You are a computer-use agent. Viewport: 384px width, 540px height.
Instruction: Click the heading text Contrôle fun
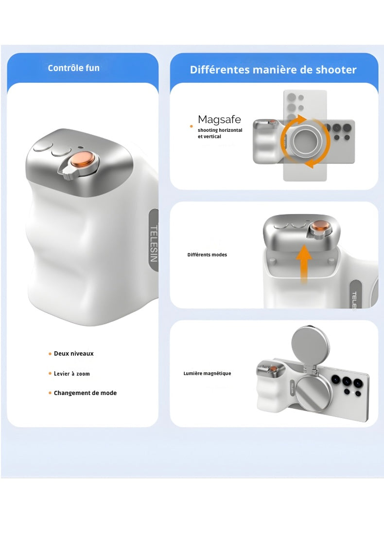pos(73,68)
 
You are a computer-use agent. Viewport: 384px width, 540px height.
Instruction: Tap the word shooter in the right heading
pos(336,70)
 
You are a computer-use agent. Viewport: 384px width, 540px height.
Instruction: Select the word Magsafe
pos(219,120)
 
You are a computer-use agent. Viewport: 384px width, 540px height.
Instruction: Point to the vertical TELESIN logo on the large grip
pos(154,243)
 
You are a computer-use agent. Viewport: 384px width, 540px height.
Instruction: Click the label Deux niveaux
pos(73,354)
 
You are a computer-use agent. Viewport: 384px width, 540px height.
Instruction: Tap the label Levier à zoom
pos(71,374)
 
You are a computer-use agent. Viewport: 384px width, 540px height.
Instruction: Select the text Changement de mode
pos(86,393)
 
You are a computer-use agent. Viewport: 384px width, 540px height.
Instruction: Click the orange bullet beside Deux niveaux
pos(50,354)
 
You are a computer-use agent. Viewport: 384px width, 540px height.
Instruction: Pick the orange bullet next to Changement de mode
pos(50,393)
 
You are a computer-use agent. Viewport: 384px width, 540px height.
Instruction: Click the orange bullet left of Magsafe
pos(192,126)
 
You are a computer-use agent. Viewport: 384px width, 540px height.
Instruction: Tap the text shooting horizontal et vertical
pos(220,133)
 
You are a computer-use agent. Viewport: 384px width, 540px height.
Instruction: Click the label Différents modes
pos(207,255)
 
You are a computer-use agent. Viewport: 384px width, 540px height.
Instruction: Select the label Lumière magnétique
pos(207,373)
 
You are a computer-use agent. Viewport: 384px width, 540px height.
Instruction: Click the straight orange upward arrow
pos(304,264)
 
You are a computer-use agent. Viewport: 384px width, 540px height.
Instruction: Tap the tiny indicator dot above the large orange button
pos(81,146)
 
